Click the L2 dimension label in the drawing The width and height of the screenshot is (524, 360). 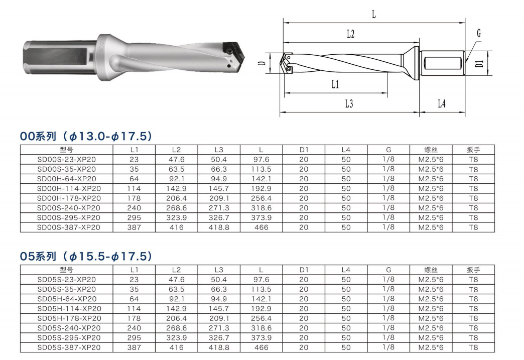(350, 34)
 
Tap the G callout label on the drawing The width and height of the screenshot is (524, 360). (478, 34)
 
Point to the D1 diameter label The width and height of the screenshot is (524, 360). (479, 63)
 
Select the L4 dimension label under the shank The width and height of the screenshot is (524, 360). (442, 103)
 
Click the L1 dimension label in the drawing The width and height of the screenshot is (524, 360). (335, 84)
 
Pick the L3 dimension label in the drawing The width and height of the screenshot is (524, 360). (349, 103)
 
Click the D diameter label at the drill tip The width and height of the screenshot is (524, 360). (263, 63)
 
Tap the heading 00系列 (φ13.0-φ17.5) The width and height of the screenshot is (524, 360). (86, 136)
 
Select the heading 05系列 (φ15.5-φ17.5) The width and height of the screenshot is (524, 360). (86, 257)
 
